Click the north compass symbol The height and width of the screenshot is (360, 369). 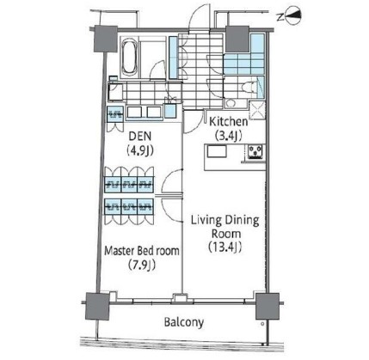(x=290, y=16)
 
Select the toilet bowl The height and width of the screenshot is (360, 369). (x=250, y=87)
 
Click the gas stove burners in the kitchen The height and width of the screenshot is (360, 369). (x=255, y=151)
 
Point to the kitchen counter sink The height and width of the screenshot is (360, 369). (x=217, y=151)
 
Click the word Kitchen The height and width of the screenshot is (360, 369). (x=229, y=121)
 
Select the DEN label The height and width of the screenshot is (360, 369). (x=140, y=136)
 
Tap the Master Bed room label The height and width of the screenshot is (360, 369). (x=142, y=251)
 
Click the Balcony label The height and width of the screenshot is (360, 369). (x=184, y=322)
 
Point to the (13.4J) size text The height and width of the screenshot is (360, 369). (x=225, y=247)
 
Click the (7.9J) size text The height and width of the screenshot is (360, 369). (x=142, y=265)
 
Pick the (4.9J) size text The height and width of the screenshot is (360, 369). (x=140, y=150)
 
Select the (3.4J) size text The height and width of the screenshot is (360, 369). (x=229, y=135)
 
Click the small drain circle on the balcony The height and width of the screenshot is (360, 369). (x=262, y=324)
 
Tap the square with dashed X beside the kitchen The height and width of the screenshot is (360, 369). (x=257, y=110)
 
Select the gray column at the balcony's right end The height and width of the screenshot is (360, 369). (x=268, y=306)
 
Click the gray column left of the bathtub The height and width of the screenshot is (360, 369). (x=106, y=39)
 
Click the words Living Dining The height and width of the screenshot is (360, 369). (x=225, y=221)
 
